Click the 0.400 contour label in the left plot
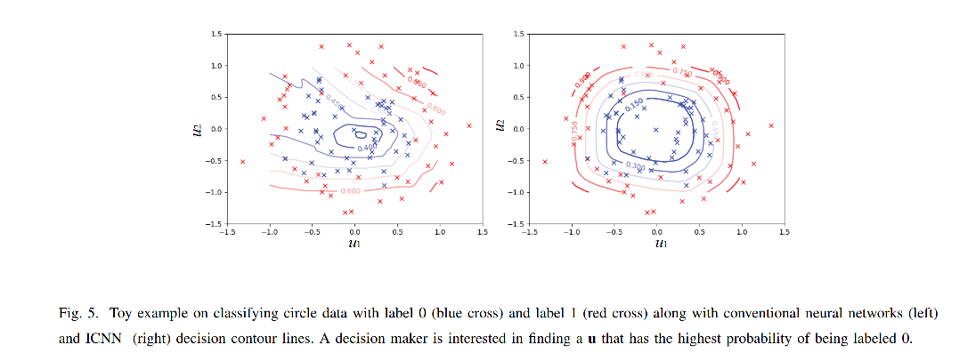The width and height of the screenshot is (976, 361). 365,148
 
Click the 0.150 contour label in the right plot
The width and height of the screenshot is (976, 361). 635,107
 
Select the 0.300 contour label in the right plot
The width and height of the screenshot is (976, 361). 636,166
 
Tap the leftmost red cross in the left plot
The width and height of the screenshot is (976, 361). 242,161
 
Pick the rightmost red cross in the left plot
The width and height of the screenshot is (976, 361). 469,125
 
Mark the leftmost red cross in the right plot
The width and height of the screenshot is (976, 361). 545,161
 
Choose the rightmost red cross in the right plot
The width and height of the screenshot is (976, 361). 772,125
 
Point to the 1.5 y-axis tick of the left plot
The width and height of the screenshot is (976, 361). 216,34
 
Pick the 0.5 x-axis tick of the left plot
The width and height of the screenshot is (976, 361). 397,230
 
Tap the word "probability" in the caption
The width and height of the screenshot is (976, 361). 780,339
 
